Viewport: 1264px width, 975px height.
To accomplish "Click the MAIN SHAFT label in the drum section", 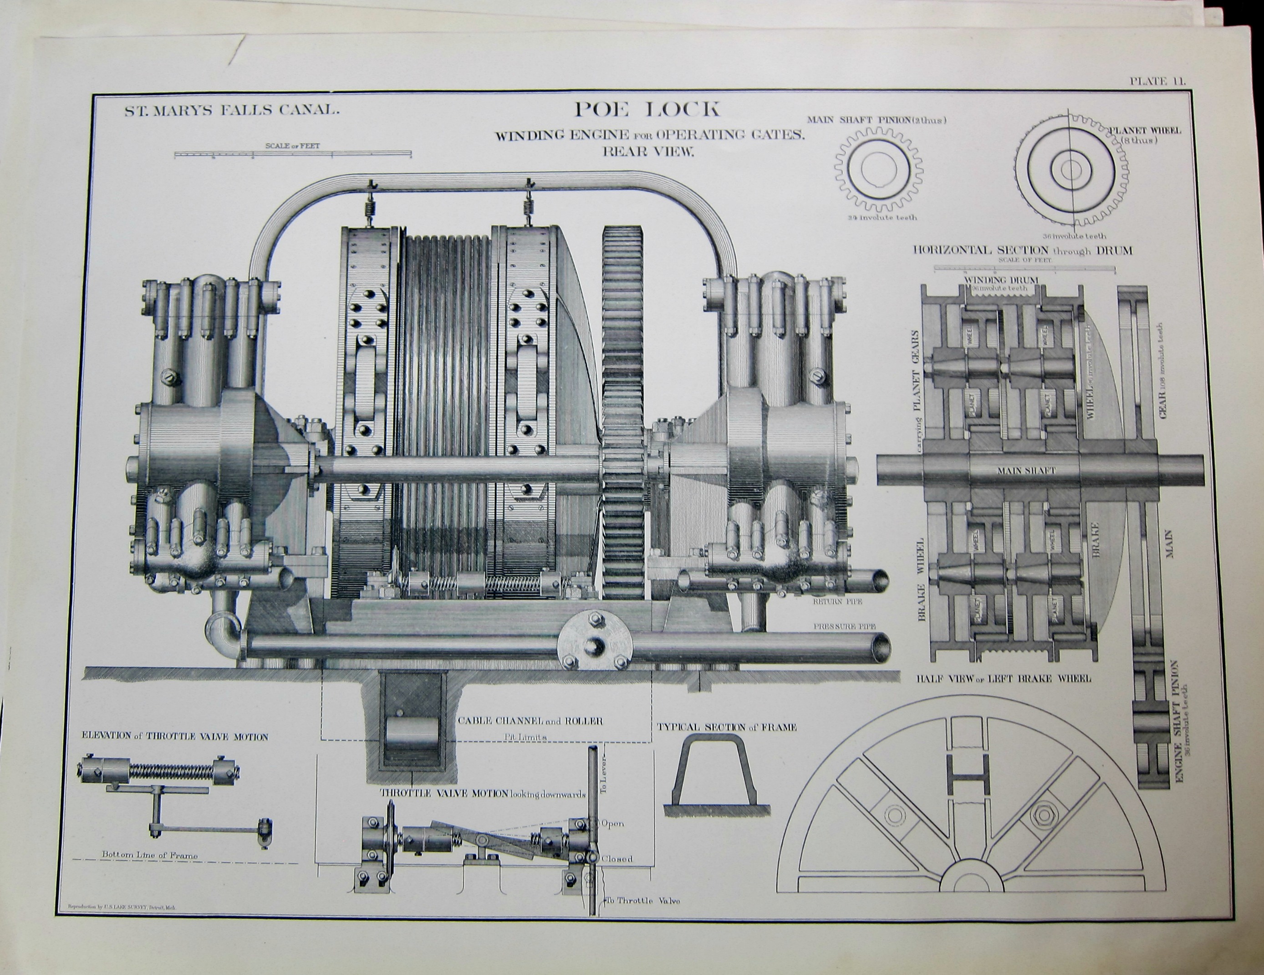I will point(1026,470).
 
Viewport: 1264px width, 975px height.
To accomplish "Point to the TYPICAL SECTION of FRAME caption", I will point(726,727).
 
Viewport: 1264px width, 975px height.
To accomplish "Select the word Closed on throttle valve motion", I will point(617,859).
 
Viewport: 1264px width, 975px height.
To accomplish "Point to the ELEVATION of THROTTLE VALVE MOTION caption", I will point(175,737).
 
